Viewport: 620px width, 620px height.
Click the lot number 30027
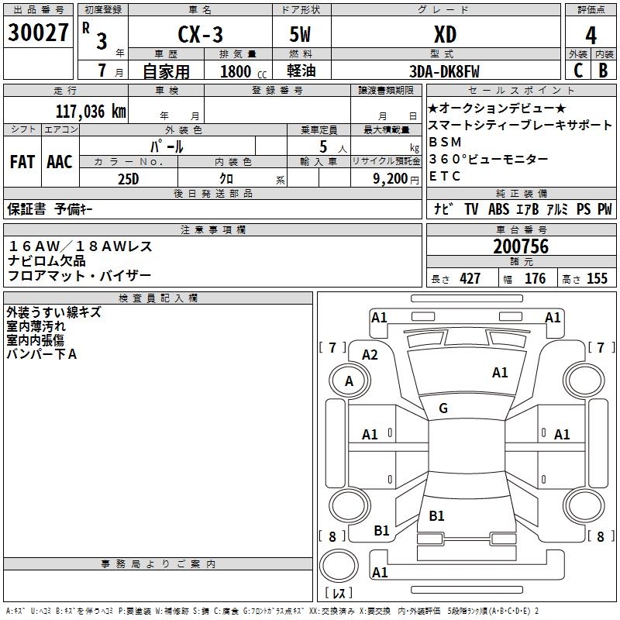pos(39,33)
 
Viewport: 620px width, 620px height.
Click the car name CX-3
pos(200,35)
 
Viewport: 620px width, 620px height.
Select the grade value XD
pos(445,35)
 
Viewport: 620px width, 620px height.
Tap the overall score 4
pos(591,35)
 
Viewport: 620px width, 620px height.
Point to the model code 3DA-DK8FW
pos(444,71)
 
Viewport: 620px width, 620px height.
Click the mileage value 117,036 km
pos(91,111)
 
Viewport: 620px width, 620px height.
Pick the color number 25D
pos(128,177)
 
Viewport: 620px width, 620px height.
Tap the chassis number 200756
pos(521,246)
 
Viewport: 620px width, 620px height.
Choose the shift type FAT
pos(22,162)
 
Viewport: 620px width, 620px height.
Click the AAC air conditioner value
pos(59,162)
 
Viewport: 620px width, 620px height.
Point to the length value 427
pos(470,279)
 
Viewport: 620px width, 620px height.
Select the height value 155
pos(597,279)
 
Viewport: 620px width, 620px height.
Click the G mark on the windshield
pos(443,408)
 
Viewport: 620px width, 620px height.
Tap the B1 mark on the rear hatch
pos(436,515)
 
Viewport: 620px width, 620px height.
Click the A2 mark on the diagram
pos(370,354)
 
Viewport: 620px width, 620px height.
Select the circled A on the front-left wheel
pos(349,381)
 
